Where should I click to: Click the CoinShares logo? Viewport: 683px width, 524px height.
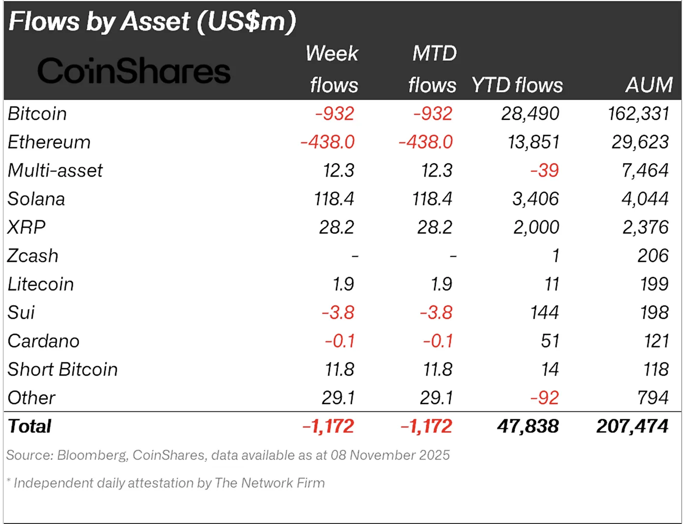134,70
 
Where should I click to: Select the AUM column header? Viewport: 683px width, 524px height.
649,85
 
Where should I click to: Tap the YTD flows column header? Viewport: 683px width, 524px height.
518,85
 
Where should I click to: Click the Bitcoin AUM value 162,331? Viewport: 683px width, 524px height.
638,114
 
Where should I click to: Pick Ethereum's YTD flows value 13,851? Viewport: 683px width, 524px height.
534,142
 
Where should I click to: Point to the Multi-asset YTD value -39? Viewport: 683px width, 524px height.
545,170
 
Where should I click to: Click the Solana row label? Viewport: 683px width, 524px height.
36,198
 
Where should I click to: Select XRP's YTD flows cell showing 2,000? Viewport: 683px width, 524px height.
536,227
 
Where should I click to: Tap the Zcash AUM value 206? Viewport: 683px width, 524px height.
652,256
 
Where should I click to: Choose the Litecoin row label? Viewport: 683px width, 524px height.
41,284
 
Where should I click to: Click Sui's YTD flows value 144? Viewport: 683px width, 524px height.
545,312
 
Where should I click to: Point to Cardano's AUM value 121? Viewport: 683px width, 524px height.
655,341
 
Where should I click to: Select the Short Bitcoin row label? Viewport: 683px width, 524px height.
63,369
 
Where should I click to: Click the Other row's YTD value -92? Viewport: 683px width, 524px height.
545,398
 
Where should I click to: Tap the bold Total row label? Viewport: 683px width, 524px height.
30,426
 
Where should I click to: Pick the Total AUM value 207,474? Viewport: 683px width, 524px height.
632,426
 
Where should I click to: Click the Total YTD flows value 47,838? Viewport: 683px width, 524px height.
528,426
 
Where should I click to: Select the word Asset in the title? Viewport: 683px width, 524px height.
156,21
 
